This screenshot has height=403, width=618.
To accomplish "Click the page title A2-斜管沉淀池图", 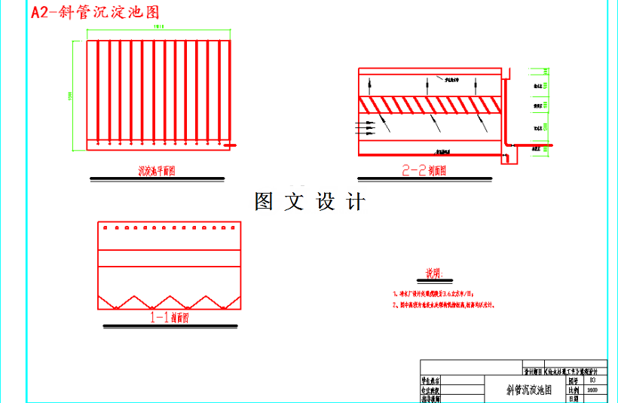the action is tap(95, 13).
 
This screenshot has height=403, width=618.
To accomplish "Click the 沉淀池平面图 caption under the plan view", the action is tap(156, 171).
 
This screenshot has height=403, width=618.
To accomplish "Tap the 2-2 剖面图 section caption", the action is tap(424, 171).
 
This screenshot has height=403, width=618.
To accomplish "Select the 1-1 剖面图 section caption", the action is tap(170, 318).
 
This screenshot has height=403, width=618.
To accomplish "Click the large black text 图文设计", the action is tap(310, 202).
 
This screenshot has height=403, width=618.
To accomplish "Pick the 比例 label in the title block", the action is tap(572, 391).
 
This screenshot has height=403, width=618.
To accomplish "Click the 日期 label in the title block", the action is tap(572, 399).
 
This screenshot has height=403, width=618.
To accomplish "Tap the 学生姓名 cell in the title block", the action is tap(432, 382).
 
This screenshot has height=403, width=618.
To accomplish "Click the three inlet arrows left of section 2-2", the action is tap(366, 129).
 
